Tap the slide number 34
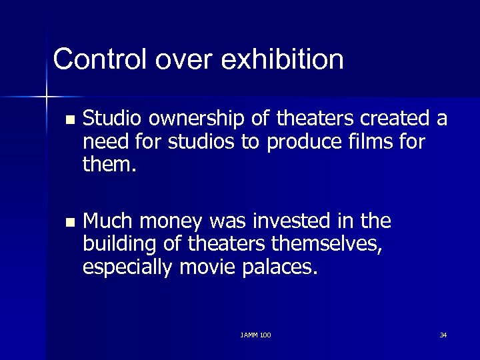443,334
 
